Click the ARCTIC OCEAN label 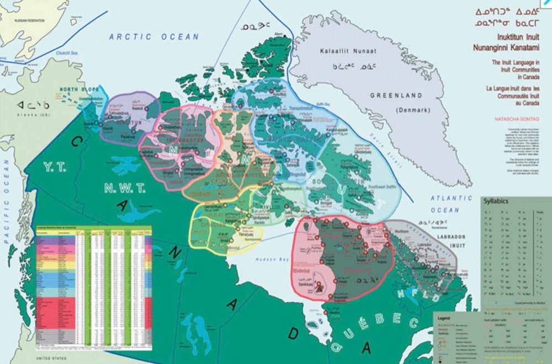click(x=153, y=37)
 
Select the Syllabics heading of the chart click(x=496, y=201)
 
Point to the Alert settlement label click(x=279, y=34)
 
